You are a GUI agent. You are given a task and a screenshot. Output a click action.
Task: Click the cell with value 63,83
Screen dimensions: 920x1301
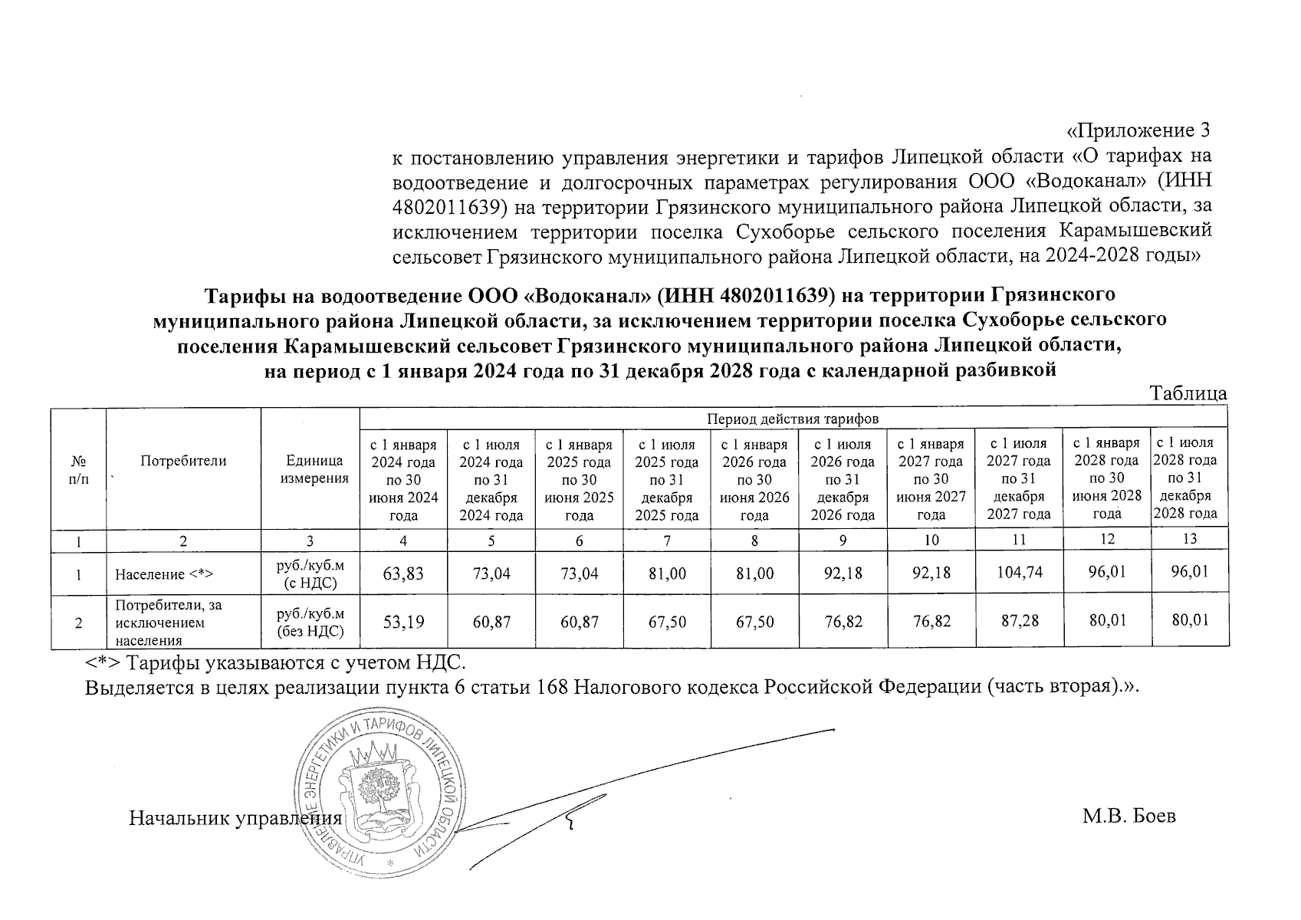pyautogui.click(x=403, y=573)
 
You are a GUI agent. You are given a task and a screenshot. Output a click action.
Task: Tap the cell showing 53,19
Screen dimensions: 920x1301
pyautogui.click(x=403, y=621)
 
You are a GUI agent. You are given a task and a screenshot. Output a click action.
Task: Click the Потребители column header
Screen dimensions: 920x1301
pyautogui.click(x=183, y=461)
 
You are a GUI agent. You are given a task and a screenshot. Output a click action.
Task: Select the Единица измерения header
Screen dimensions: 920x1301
pyautogui.click(x=310, y=469)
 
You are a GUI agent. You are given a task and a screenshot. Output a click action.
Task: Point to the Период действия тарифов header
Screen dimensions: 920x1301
pyautogui.click(x=793, y=419)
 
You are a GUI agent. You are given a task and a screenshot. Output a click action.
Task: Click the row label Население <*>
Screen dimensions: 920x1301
pyautogui.click(x=163, y=574)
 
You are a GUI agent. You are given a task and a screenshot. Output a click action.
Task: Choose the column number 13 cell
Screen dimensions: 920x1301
pyautogui.click(x=1189, y=539)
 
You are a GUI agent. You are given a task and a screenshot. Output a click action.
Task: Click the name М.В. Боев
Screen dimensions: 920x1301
pyautogui.click(x=1129, y=816)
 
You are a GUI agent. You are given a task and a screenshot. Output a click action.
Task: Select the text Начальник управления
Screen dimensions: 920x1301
pyautogui.click(x=235, y=817)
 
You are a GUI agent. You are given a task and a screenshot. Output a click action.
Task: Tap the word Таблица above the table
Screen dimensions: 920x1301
pyautogui.click(x=1189, y=394)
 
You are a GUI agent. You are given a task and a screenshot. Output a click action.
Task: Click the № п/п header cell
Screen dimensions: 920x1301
pyautogui.click(x=77, y=469)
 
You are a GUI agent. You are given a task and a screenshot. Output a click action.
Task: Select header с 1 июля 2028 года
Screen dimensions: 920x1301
pyautogui.click(x=1189, y=477)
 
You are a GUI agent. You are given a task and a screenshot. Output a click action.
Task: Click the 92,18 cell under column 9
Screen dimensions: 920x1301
pyautogui.click(x=843, y=573)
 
